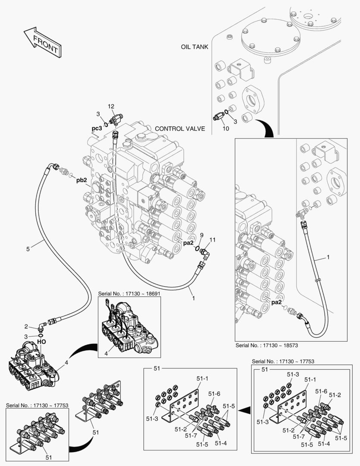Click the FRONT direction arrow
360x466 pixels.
click(42, 42)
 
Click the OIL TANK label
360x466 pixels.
click(194, 47)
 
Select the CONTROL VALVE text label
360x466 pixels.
click(180, 129)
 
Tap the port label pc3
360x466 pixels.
click(97, 129)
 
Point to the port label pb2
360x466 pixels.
click(81, 180)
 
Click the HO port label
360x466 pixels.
click(41, 342)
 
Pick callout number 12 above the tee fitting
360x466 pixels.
click(111, 107)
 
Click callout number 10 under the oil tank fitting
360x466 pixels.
click(226, 129)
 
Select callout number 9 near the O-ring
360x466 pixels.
click(201, 236)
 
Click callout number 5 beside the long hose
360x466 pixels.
click(28, 249)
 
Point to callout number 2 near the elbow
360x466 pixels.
click(26, 327)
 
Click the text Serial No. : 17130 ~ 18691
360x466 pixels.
click(129, 294)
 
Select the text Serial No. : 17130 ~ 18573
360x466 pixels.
click(267, 345)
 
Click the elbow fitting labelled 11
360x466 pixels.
click(204, 252)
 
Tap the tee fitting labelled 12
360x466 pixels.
click(114, 120)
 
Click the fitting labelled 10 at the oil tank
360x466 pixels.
click(219, 116)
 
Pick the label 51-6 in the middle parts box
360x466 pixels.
click(214, 394)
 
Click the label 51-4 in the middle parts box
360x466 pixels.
click(221, 443)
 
